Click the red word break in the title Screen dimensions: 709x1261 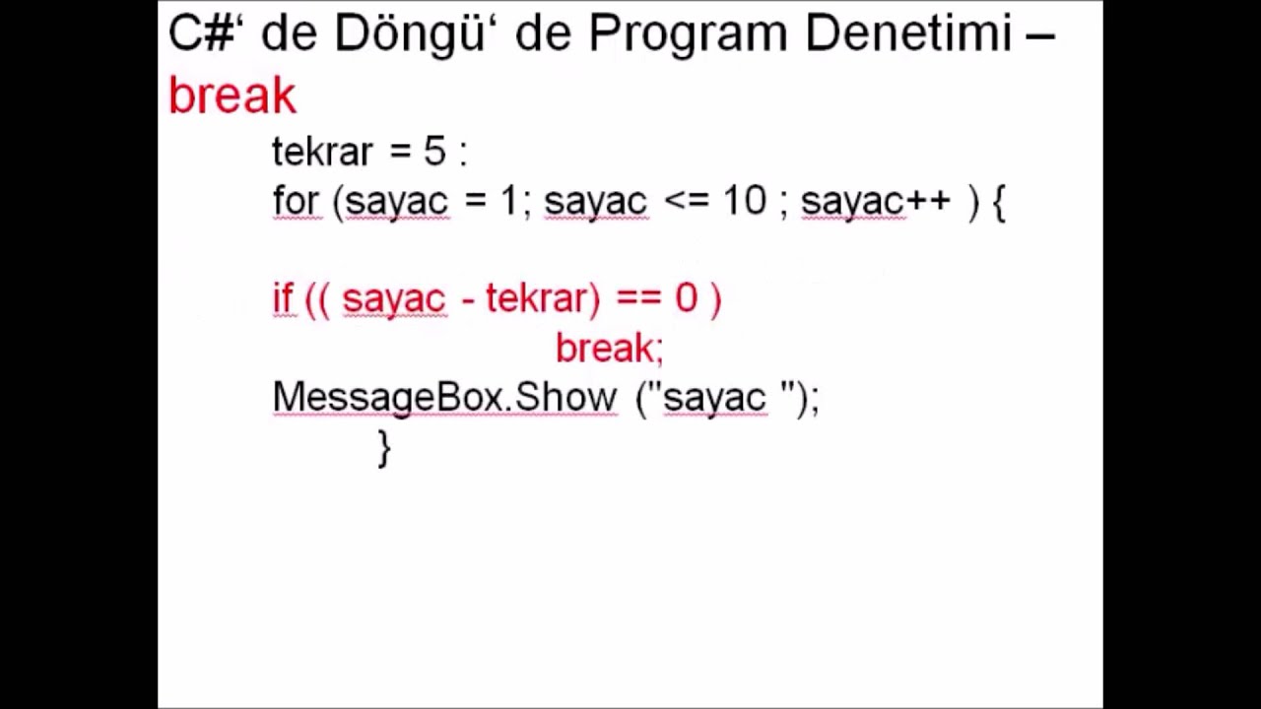232,96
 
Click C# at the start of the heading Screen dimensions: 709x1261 199,34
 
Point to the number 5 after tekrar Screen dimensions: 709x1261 434,152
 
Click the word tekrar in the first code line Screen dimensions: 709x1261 323,152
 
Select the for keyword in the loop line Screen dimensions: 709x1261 296,201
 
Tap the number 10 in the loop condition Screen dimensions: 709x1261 744,201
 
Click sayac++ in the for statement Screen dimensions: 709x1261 876,201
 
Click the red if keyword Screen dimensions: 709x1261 283,298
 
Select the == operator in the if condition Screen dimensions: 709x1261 637,298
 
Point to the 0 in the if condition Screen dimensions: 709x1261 686,298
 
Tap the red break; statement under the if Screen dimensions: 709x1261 610,348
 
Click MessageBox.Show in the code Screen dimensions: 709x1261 444,397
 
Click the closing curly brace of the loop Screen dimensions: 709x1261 384,448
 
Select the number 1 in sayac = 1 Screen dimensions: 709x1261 508,201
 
